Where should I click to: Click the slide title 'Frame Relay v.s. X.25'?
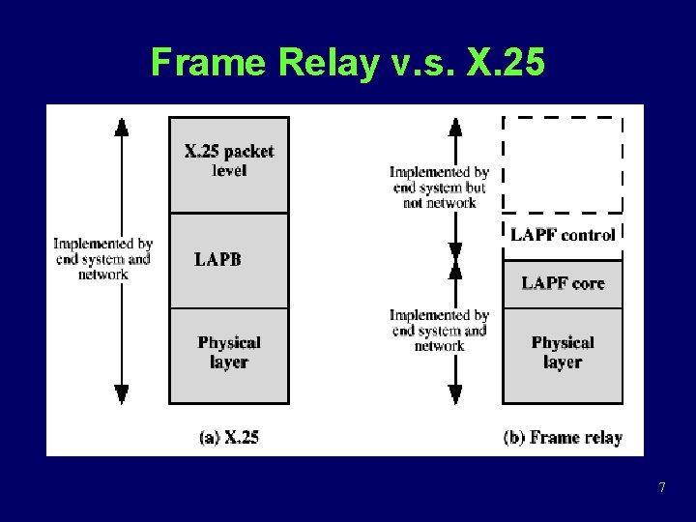click(x=348, y=64)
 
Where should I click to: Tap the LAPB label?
click(x=217, y=259)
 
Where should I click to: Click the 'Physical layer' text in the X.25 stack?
click(x=229, y=352)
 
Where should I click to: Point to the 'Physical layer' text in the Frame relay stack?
click(x=563, y=352)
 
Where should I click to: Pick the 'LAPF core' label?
click(x=563, y=283)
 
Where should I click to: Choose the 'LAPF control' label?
click(x=563, y=235)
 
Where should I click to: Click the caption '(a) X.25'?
click(x=229, y=437)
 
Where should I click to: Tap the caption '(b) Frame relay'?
click(x=563, y=437)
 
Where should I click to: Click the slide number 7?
click(x=662, y=487)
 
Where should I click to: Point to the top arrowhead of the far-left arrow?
click(x=121, y=126)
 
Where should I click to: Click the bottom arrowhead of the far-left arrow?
click(x=121, y=393)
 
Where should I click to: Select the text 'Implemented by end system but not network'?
click(x=439, y=188)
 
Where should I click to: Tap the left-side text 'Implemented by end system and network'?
click(x=103, y=259)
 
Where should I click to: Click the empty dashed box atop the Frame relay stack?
click(x=563, y=164)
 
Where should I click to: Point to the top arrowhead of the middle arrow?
click(x=455, y=126)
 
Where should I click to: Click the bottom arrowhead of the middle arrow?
click(x=455, y=393)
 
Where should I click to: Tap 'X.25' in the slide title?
click(x=505, y=64)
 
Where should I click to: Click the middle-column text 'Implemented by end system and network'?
click(x=439, y=331)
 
